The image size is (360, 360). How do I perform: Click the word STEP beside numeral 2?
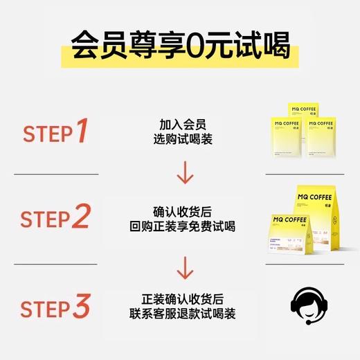(45, 219)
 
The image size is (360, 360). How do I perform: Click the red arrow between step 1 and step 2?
(184, 174)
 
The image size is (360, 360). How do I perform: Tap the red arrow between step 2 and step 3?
(184, 264)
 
